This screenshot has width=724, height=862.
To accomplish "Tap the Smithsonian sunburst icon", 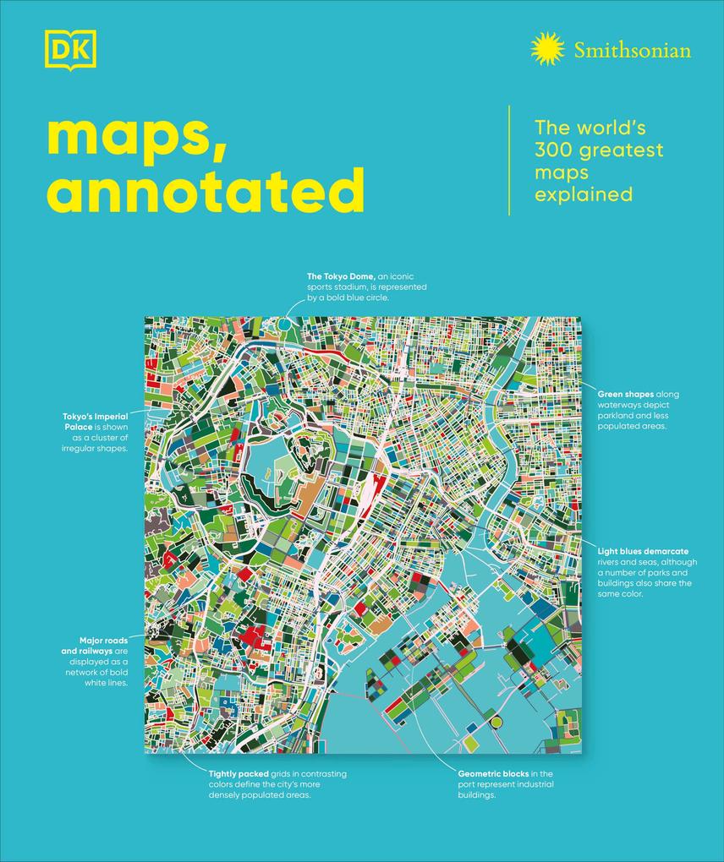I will pos(547,49).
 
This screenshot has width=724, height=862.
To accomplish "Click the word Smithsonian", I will pos(632,50).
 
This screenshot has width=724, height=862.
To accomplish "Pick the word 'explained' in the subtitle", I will pos(584,194).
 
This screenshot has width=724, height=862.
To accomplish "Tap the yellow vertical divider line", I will pos(509,160).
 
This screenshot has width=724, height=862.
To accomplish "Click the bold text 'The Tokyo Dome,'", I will pos(341,276).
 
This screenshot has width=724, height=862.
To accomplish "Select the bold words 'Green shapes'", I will pos(625,394).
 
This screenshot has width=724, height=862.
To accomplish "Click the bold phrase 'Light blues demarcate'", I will pos(637,551).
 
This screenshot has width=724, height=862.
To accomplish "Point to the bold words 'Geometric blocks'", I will pos(491,773).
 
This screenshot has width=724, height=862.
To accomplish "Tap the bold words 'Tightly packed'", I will pos(239,773).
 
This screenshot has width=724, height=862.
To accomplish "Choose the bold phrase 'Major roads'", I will pos(103,641).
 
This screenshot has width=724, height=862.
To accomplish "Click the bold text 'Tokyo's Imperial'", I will pos(95,416).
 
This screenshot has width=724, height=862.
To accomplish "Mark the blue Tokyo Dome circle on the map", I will pos(284,323).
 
